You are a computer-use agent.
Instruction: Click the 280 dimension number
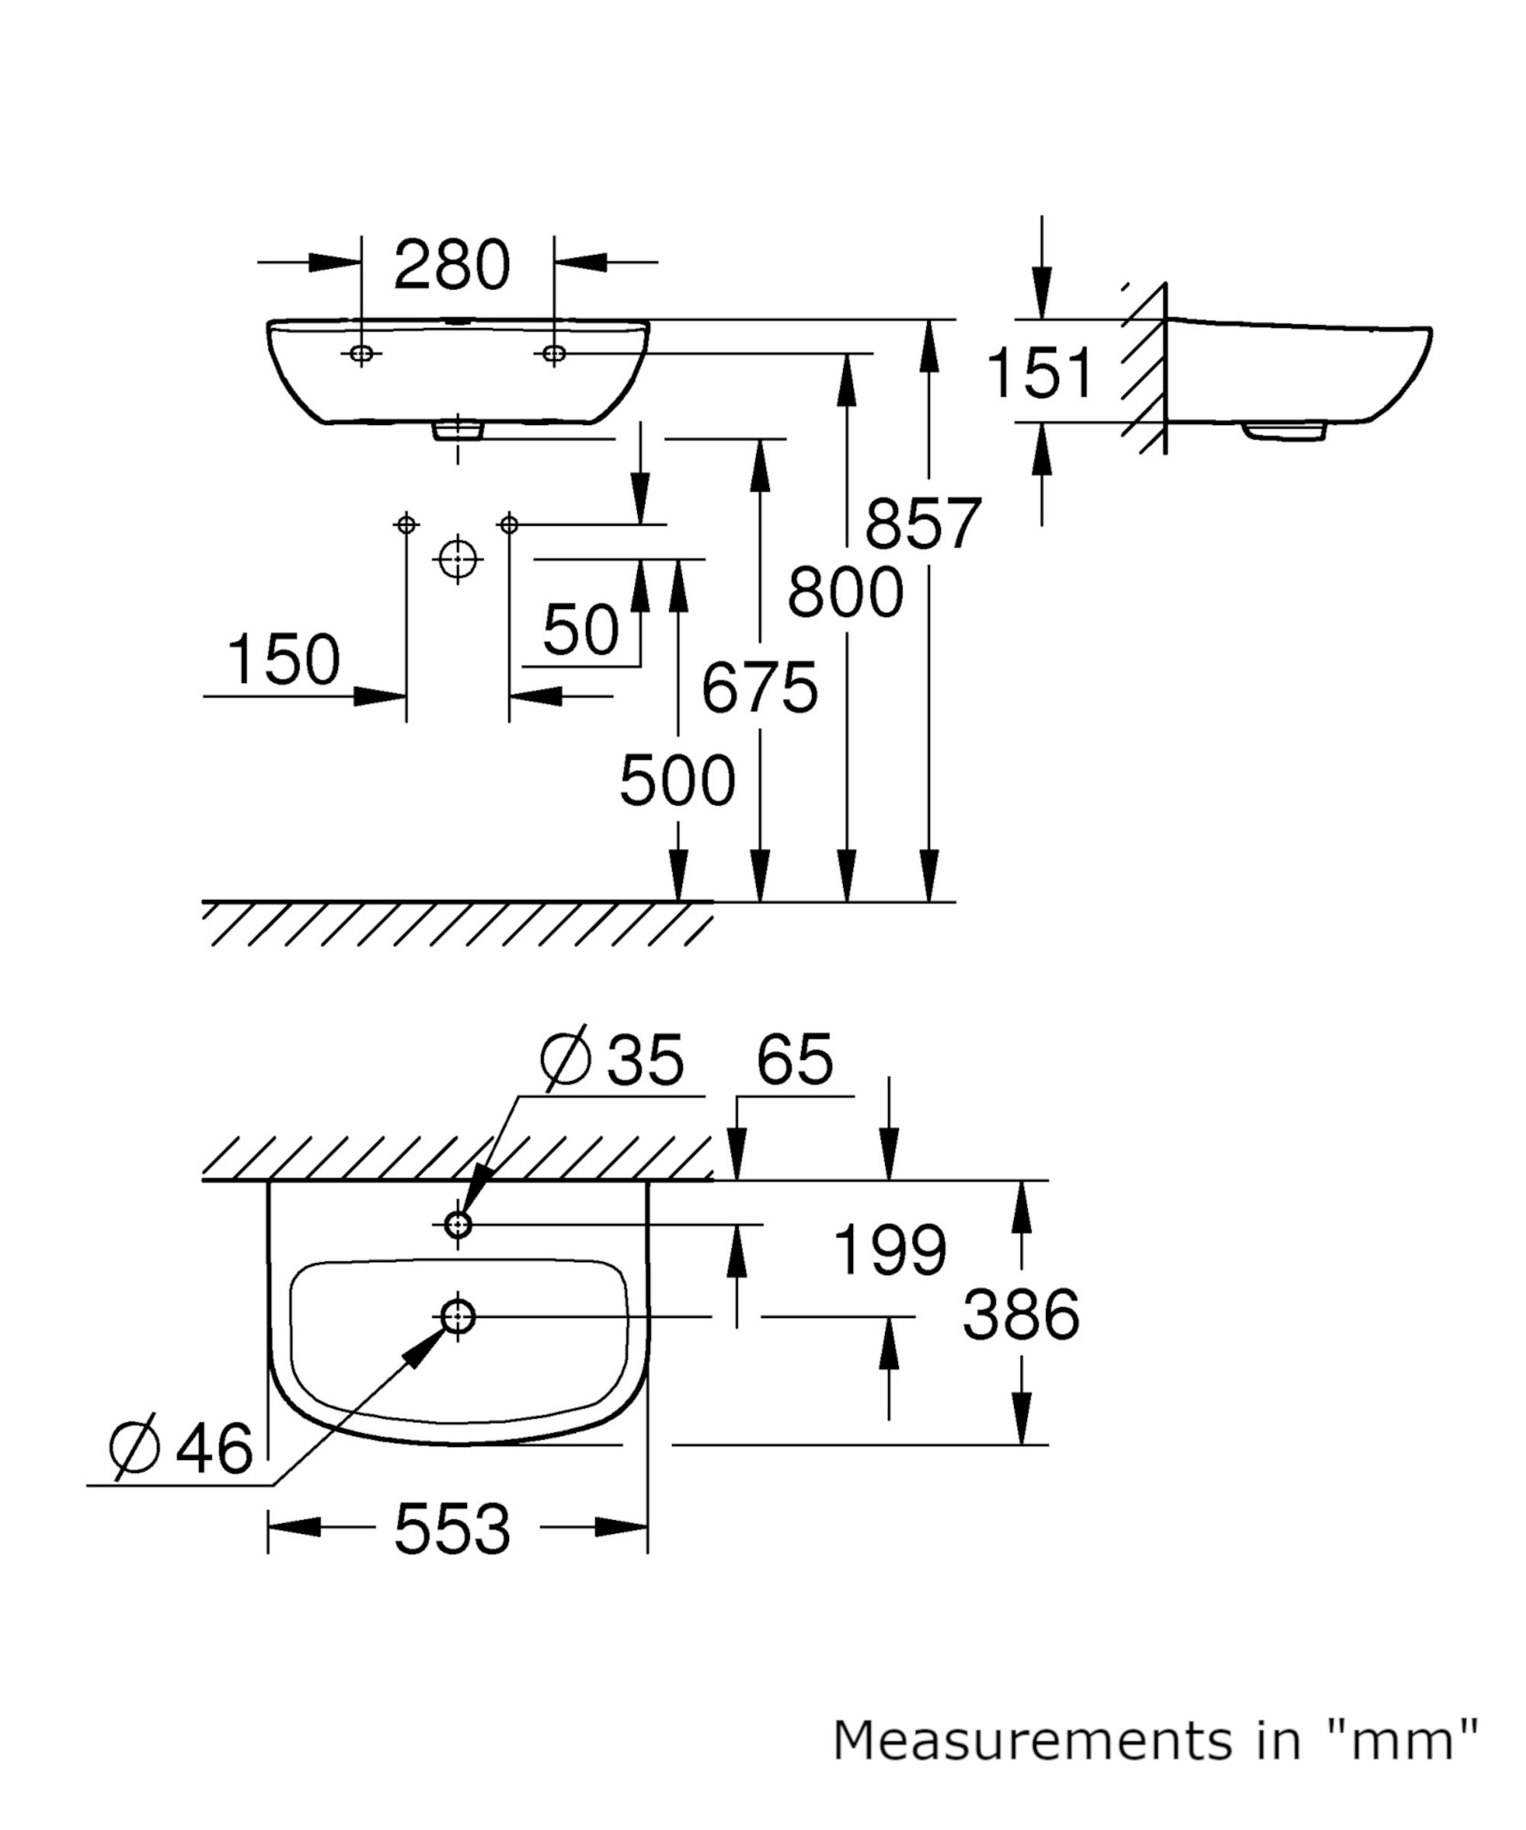click(x=452, y=265)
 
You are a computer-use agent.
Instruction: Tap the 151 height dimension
click(x=1039, y=373)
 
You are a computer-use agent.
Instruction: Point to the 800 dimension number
click(x=845, y=592)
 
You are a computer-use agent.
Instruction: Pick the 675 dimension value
click(x=760, y=688)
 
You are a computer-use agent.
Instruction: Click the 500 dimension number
click(x=677, y=780)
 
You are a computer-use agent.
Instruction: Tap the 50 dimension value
click(x=581, y=629)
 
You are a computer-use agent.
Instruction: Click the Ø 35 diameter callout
click(x=612, y=1060)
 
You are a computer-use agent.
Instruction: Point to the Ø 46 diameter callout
click(x=182, y=1448)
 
